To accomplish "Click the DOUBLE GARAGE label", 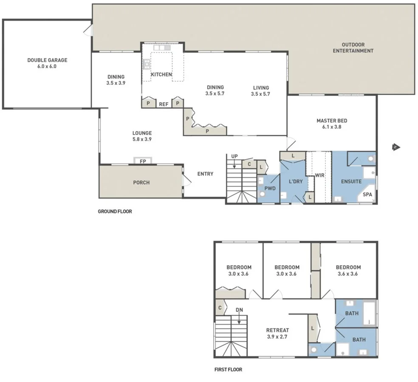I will click(x=47, y=60).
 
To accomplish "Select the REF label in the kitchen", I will click(x=164, y=104).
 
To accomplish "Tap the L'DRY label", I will click(x=296, y=182).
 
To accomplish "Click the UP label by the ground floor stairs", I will click(x=234, y=156).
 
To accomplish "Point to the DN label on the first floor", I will click(x=240, y=310).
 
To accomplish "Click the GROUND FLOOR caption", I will click(x=115, y=211).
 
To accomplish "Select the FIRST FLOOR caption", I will click(x=228, y=370).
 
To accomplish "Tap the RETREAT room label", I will click(x=277, y=330).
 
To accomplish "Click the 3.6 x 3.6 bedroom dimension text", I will click(x=348, y=274).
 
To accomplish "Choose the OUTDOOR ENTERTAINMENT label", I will click(x=353, y=48).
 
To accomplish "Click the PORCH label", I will click(x=141, y=183).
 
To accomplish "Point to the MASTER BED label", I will click(x=332, y=121).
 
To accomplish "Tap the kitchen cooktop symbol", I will click(x=147, y=64).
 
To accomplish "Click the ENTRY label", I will click(x=205, y=174).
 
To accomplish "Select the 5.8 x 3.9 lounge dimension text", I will click(x=142, y=139).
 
